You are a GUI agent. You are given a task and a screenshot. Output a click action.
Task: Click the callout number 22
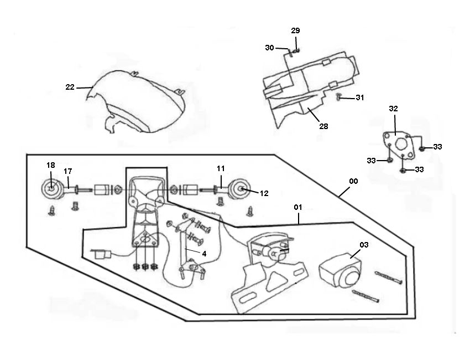tap(70, 87)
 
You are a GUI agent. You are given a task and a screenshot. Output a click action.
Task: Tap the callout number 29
tap(296, 30)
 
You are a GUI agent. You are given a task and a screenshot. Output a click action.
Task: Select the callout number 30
tap(269, 48)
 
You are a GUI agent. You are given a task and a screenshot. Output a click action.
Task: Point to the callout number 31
tap(360, 98)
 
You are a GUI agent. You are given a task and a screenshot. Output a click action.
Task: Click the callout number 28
tap(323, 126)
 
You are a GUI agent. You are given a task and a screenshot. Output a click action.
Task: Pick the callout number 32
tap(393, 109)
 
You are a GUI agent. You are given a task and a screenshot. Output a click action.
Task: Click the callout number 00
tap(353, 182)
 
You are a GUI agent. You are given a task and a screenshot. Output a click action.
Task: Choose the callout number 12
tap(264, 193)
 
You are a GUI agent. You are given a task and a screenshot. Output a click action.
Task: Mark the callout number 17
tap(68, 171)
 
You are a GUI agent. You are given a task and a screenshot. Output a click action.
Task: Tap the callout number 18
tap(51, 165)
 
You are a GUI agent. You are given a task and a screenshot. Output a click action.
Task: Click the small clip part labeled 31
tap(339, 98)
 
